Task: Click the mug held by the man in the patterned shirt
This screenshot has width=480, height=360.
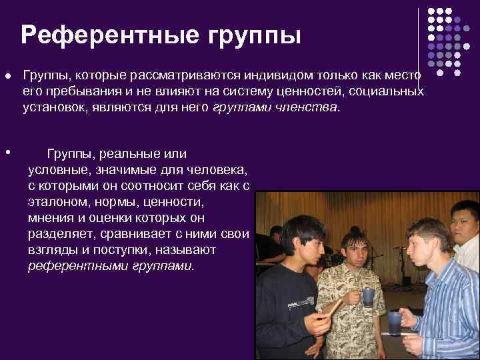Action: click(x=368, y=297)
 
